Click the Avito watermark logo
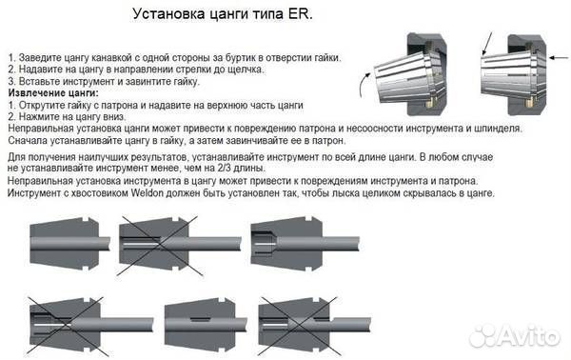(x=515, y=335)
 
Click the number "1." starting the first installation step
(x=10, y=58)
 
